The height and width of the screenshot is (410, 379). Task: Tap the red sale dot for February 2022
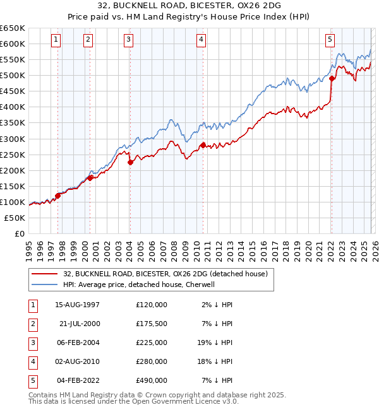[x=332, y=78]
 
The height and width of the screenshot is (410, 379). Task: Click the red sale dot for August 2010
[x=203, y=145]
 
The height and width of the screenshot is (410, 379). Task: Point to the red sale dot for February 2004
[x=130, y=162]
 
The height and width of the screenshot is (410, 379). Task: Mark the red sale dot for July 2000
[x=90, y=178]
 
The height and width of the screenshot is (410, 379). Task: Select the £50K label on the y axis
[x=15, y=218]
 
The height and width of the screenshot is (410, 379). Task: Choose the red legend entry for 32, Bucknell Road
[x=165, y=274]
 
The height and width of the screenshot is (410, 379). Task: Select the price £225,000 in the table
[x=152, y=343]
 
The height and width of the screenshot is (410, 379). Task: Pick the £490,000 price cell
[x=152, y=380]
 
